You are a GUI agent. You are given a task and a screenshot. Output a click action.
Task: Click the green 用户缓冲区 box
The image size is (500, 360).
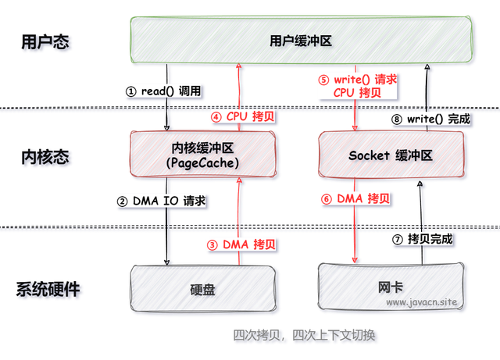(301, 40)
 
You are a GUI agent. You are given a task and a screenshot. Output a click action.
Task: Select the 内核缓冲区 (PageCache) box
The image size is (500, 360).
(203, 155)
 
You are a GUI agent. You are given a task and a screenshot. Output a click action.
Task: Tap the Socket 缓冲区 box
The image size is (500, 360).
(391, 155)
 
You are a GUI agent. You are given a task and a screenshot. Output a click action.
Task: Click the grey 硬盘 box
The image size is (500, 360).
(203, 289)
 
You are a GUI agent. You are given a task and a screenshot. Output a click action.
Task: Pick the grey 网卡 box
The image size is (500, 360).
(391, 287)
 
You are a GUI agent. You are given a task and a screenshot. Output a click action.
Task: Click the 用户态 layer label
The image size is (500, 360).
(45, 41)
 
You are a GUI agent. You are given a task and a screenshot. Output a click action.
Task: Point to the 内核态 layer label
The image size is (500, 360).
(45, 157)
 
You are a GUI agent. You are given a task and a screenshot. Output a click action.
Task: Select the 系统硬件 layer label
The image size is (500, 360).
(48, 289)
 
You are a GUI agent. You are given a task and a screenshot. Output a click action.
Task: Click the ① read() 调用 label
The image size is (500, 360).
(163, 91)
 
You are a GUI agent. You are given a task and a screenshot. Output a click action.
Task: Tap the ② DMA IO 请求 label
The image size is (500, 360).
(162, 201)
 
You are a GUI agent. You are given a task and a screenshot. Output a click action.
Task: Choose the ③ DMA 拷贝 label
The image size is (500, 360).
(241, 244)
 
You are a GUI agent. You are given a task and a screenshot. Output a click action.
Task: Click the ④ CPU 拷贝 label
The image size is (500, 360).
(243, 116)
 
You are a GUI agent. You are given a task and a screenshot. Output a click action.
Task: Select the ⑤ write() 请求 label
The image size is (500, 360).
(358, 80)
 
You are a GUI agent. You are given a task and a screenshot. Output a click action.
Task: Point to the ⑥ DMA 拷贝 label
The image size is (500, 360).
(355, 198)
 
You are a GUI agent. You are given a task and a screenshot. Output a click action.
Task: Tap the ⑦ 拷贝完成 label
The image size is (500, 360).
(423, 239)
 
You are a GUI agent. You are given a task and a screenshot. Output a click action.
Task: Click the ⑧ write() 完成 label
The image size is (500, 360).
(430, 119)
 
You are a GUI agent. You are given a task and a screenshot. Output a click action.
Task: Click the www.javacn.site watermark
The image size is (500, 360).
(422, 302)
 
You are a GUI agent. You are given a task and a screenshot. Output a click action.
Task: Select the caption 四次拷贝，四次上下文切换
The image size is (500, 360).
(304, 335)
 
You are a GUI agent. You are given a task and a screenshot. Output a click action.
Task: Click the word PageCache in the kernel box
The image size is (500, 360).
(203, 163)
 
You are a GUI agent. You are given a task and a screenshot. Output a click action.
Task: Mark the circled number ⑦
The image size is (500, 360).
(398, 240)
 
